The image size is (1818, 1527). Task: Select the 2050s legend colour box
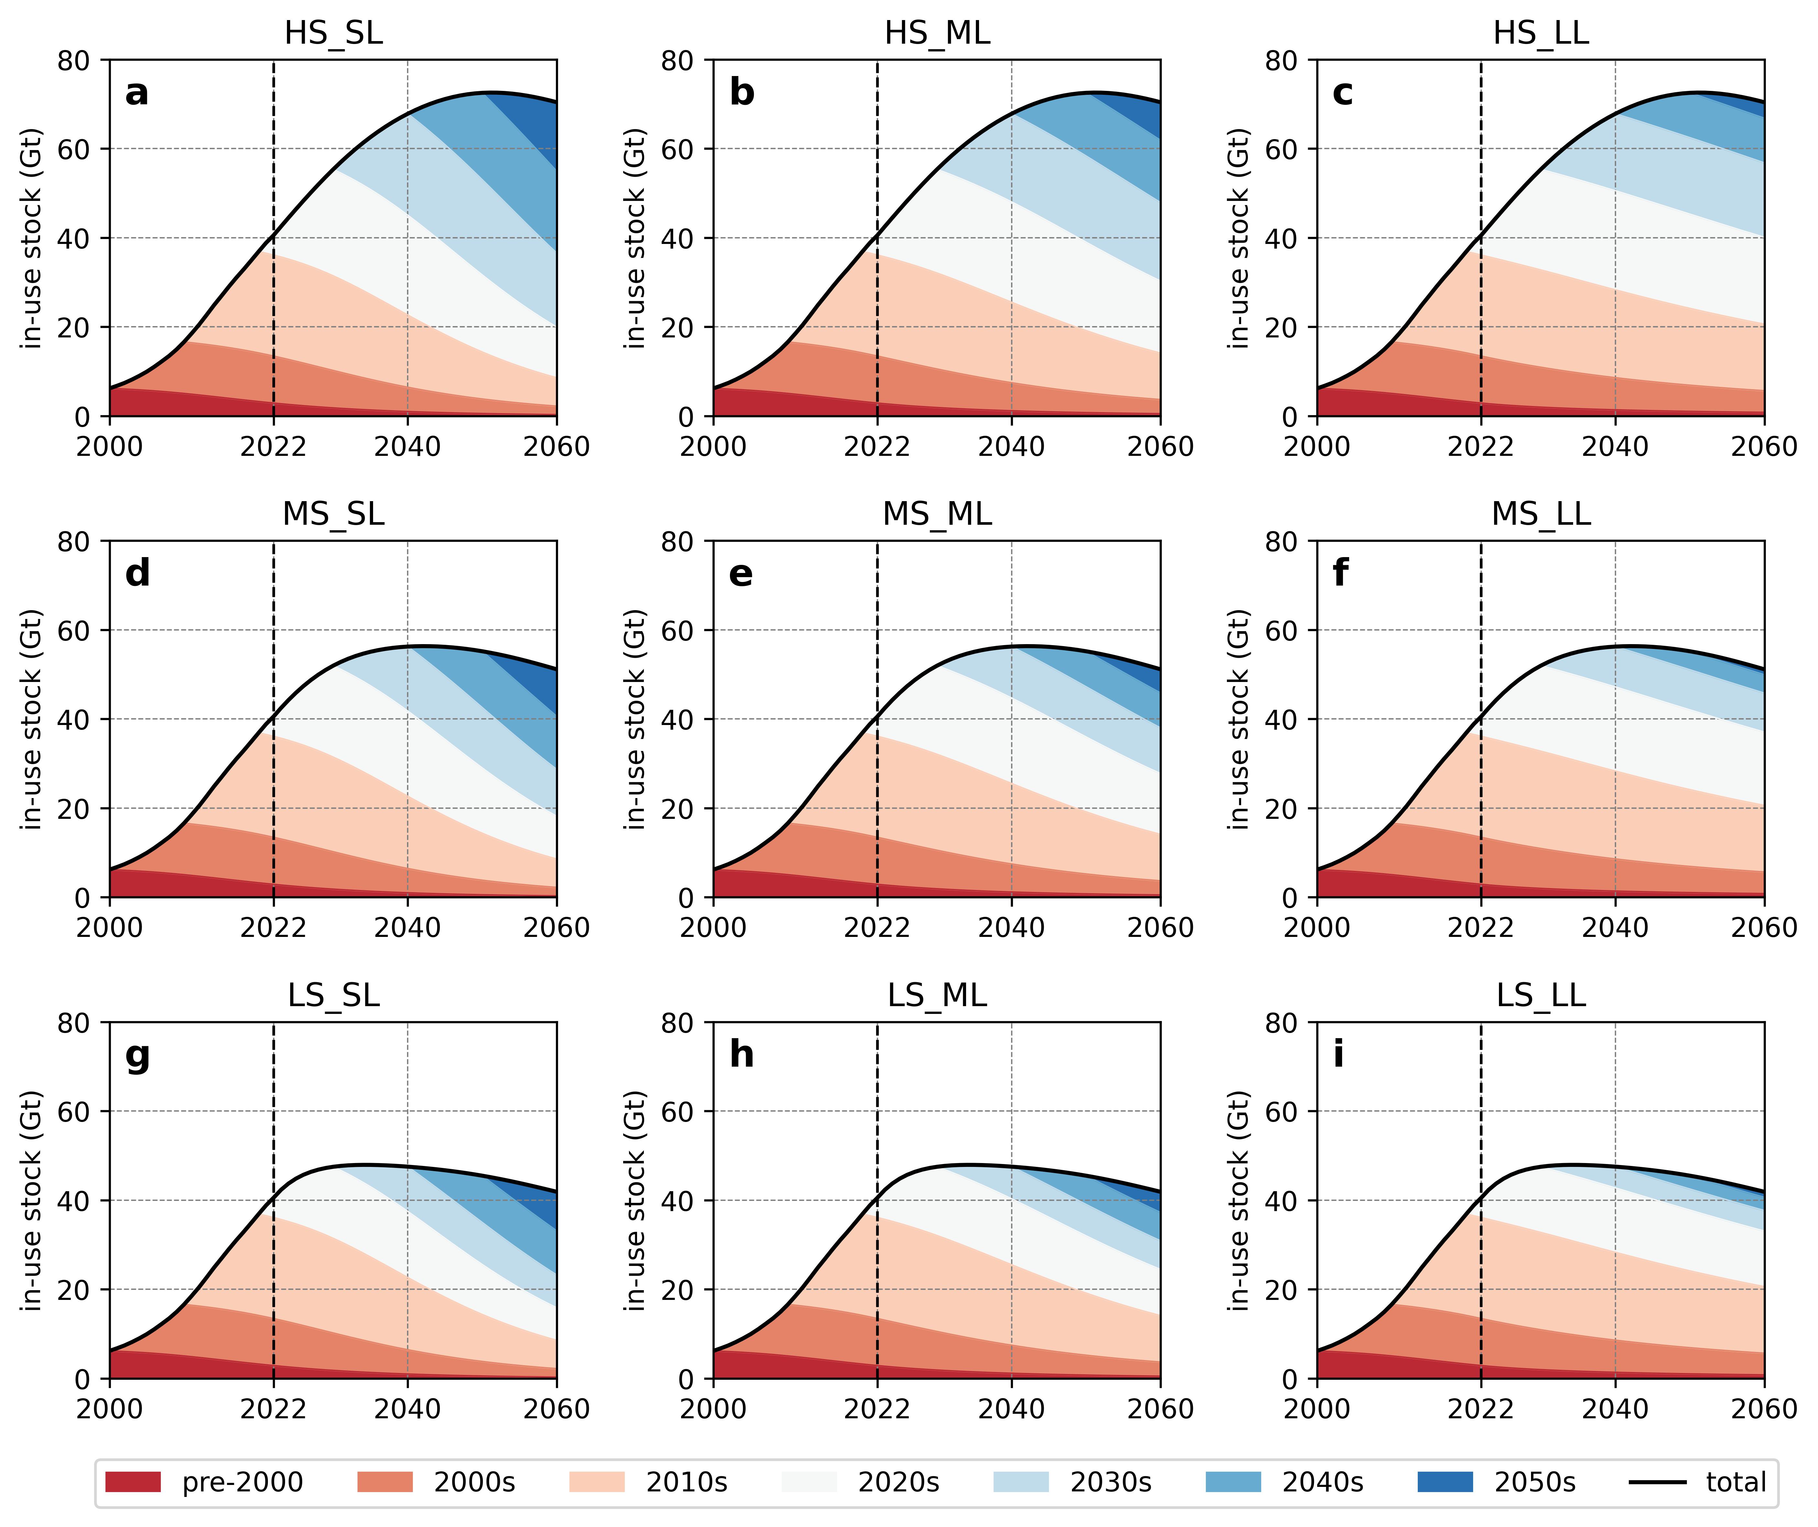[x=1445, y=1482]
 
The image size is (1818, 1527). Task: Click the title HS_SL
[x=333, y=33]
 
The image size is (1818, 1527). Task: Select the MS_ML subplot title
[x=937, y=514]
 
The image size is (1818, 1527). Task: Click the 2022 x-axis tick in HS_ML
[x=877, y=447]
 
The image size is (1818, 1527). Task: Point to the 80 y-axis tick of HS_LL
[x=1281, y=60]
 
